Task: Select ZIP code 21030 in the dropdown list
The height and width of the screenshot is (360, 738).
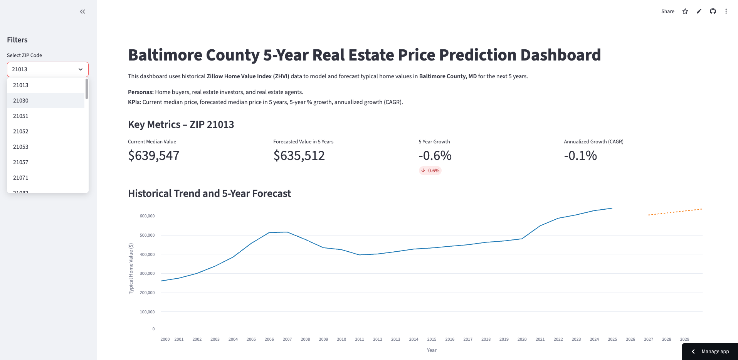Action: pos(21,101)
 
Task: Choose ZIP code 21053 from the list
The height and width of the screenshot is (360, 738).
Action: pos(21,147)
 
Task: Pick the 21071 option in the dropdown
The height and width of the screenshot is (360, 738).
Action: pos(21,178)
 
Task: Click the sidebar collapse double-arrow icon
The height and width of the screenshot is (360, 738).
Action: pos(82,12)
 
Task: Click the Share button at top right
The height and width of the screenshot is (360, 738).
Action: pos(667,12)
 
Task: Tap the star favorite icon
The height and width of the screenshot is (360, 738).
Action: pos(685,12)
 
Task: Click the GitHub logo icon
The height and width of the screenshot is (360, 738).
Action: pos(713,12)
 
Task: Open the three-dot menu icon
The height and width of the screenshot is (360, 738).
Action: pos(726,12)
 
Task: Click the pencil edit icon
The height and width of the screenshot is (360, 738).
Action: pos(699,12)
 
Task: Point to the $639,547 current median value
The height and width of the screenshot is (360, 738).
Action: pos(154,156)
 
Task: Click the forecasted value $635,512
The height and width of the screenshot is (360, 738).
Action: pos(299,156)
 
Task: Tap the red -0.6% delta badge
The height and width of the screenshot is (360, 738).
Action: pos(430,171)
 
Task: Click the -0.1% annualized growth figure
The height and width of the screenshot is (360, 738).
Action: pos(580,156)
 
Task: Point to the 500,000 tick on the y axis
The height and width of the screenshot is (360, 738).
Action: pos(147,235)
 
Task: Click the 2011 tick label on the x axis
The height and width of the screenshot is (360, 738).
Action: pos(360,340)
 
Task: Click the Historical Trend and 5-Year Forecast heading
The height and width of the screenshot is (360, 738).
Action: pos(209,193)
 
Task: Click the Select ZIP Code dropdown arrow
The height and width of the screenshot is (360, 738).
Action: pos(81,69)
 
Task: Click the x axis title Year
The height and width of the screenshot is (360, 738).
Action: pos(432,350)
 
